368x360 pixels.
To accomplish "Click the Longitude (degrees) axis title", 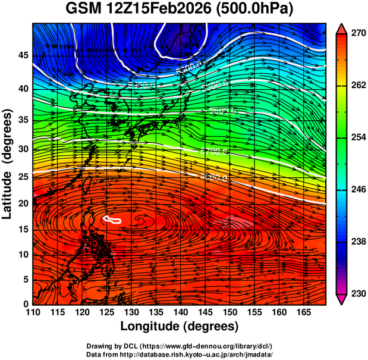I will (x=179, y=327).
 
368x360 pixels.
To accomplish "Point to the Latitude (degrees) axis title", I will (x=8, y=164).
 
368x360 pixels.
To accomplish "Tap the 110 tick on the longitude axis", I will (x=33, y=312).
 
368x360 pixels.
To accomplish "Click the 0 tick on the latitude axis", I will (x=24, y=304).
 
